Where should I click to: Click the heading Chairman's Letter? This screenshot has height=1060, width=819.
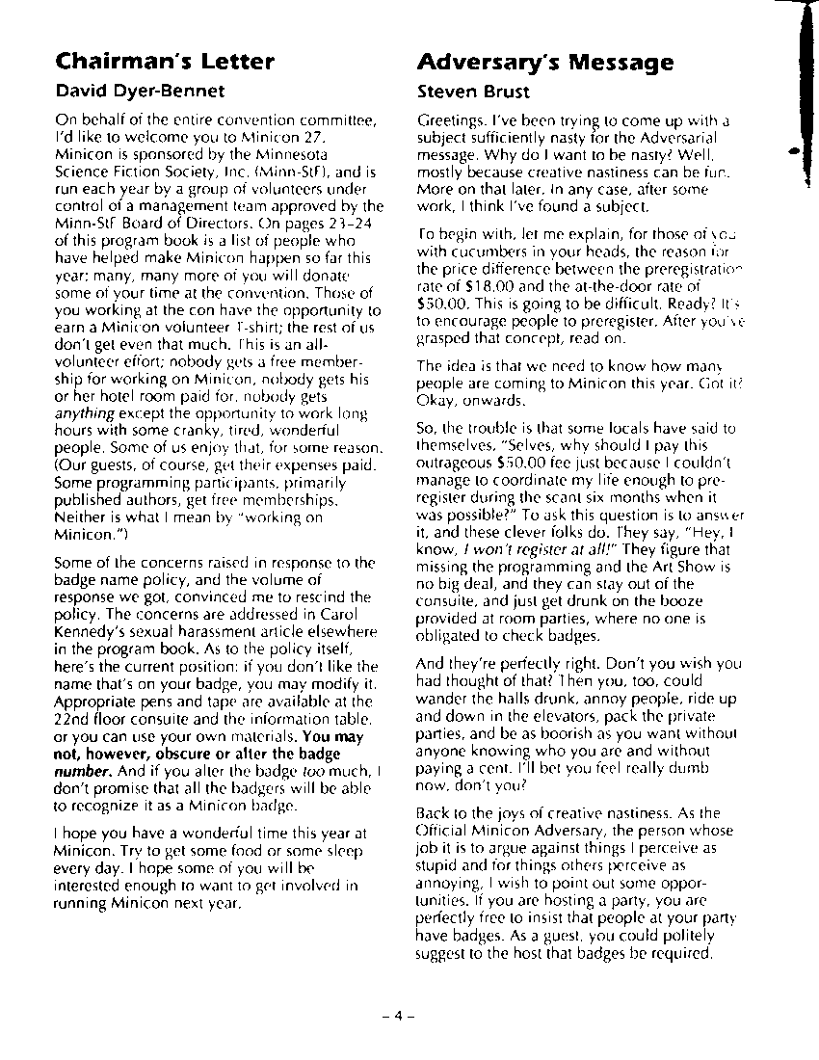tap(165, 62)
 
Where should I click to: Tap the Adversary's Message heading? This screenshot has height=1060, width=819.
tap(544, 64)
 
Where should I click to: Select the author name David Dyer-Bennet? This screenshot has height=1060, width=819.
tap(140, 92)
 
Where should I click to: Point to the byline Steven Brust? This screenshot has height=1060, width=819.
tap(473, 93)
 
